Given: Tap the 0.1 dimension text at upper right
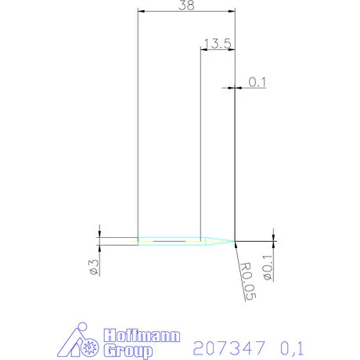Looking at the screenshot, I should pos(257,81).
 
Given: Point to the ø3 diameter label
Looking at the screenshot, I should pos(93,267).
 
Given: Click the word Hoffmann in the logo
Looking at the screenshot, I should pos(143,336).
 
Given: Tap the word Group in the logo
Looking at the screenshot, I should pos(128,350).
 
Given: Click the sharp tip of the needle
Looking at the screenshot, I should pos(235,240).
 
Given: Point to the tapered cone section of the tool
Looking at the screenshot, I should pos(218,240).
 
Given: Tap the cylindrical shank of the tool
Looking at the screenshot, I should pos(168,240).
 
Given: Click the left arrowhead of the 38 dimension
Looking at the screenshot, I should pos(140,11).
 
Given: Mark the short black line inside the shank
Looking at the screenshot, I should pos(169,242).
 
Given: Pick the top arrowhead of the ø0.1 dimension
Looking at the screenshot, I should pos(273,236).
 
